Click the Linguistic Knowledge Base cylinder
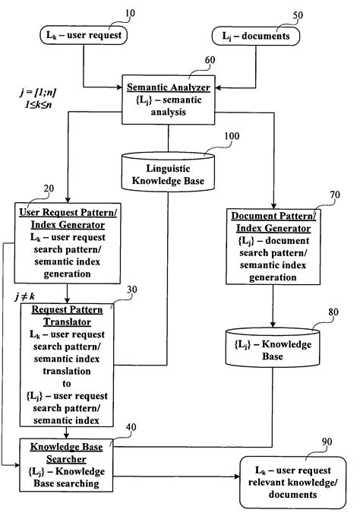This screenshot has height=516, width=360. tap(169, 173)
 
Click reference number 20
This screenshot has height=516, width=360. tap(50, 189)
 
